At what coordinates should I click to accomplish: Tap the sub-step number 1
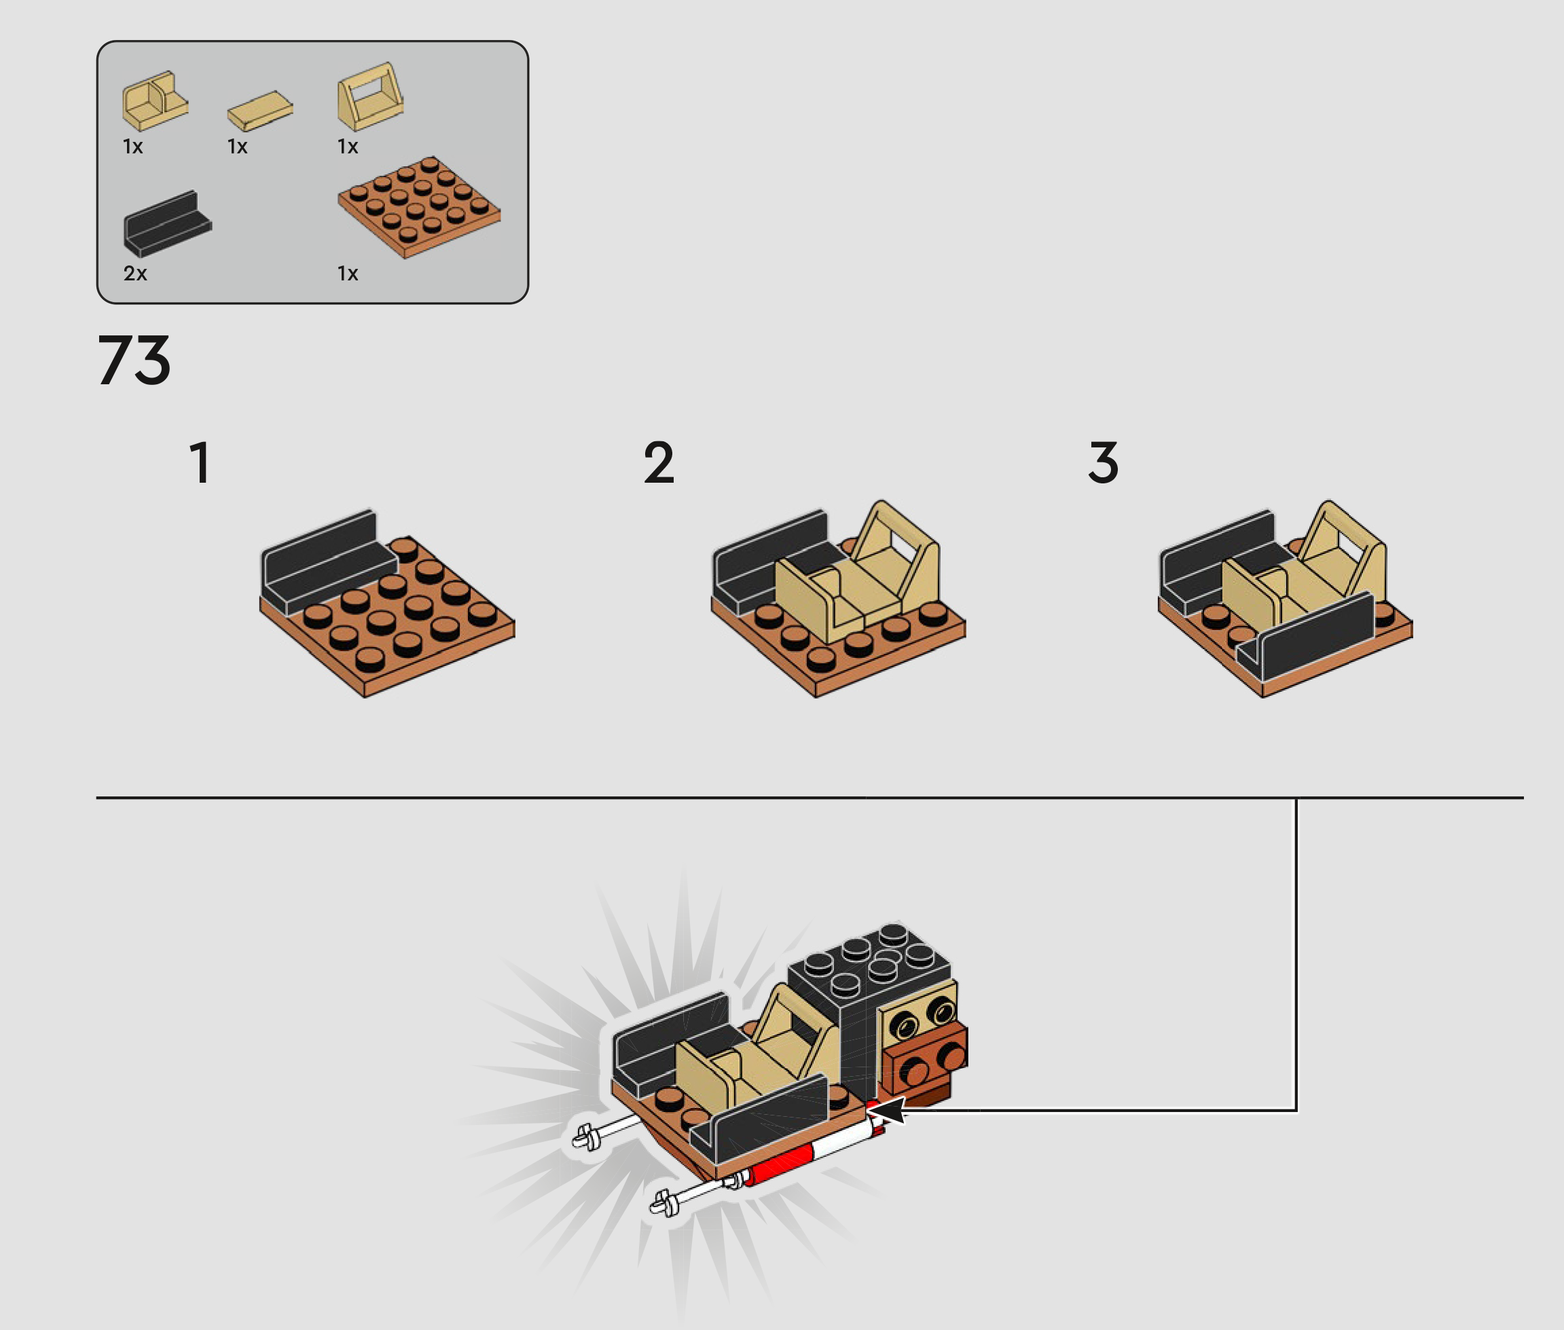pos(200,462)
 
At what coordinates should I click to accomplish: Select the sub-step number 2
pos(658,462)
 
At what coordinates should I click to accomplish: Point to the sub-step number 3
pos(1104,462)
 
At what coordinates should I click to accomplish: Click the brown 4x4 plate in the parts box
pos(418,207)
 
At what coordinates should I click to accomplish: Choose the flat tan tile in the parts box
pos(260,111)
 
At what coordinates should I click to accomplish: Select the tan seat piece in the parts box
pos(156,101)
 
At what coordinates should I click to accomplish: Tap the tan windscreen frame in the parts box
pos(369,96)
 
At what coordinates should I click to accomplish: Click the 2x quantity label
pos(135,273)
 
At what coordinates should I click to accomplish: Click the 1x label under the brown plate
pos(348,273)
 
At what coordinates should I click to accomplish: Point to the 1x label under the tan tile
pos(238,146)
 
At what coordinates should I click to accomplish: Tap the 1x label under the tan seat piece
pos(132,146)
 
